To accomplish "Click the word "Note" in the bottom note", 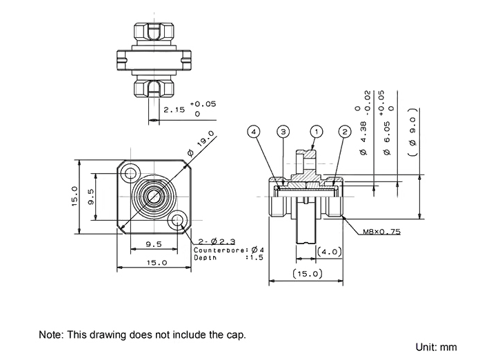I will coord(47,335).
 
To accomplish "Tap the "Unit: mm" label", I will coord(437,343).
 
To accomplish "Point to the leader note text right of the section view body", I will coord(379,234).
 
